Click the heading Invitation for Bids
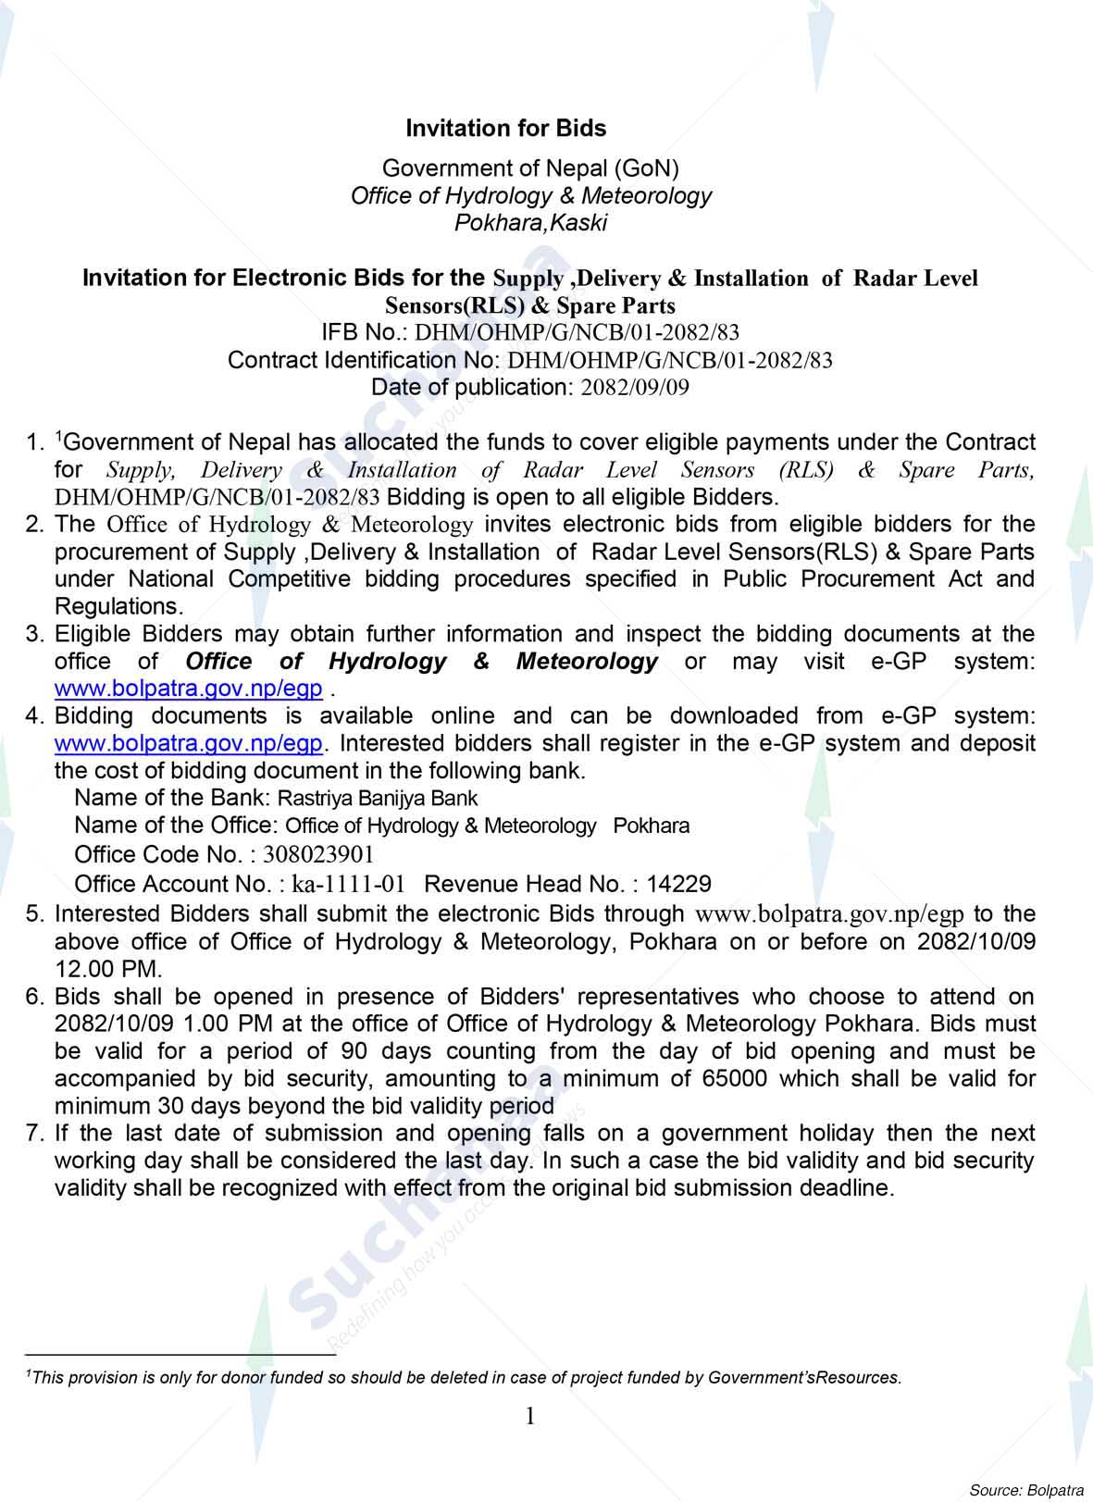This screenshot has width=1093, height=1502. [506, 129]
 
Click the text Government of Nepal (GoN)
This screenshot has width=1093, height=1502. [530, 168]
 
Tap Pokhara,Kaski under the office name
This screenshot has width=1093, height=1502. [530, 223]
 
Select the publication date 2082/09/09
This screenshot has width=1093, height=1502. [634, 388]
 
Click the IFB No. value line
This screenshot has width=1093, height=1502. [530, 333]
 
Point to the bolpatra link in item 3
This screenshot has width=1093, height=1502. [189, 689]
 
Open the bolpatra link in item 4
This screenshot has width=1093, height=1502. [189, 743]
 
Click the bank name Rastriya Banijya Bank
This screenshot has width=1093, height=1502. [378, 798]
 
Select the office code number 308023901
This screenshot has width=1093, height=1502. [318, 854]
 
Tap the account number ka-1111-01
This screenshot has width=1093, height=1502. [348, 884]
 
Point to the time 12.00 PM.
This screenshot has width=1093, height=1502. [108, 969]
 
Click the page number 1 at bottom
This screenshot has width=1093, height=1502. [530, 1416]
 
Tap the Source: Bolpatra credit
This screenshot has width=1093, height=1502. [1025, 1490]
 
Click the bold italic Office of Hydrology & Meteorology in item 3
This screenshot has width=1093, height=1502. [421, 662]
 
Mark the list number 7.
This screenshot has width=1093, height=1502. [35, 1134]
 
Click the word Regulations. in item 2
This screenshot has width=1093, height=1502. [118, 607]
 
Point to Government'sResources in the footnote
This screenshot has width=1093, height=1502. [803, 1378]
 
